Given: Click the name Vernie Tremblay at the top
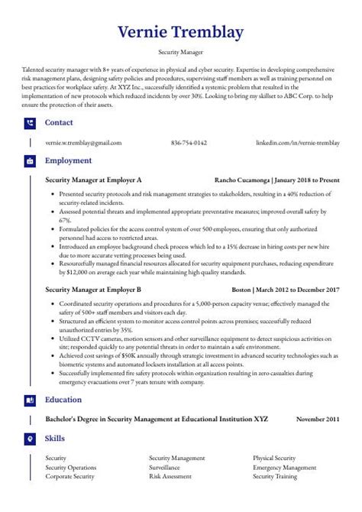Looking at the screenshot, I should tap(181, 34).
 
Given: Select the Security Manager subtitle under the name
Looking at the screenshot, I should tap(181, 53).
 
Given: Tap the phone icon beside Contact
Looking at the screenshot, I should tap(29, 122).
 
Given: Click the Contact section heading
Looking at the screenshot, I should tap(60, 122).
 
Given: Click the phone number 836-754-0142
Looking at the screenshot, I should tap(189, 143).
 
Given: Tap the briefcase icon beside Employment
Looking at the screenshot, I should tap(29, 161).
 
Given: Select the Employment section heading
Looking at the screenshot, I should tap(68, 161).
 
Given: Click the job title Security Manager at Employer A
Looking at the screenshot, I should tap(93, 180).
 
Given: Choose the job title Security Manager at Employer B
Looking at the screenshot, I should tap(93, 290).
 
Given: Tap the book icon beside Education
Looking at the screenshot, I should tap(29, 400).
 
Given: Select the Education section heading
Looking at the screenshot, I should tap(64, 400).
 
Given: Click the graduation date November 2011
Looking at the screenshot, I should tap(318, 419).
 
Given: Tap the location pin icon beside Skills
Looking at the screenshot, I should tap(29, 439).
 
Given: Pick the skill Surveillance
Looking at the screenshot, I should tap(164, 466).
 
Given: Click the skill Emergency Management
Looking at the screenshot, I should tap(284, 466).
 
